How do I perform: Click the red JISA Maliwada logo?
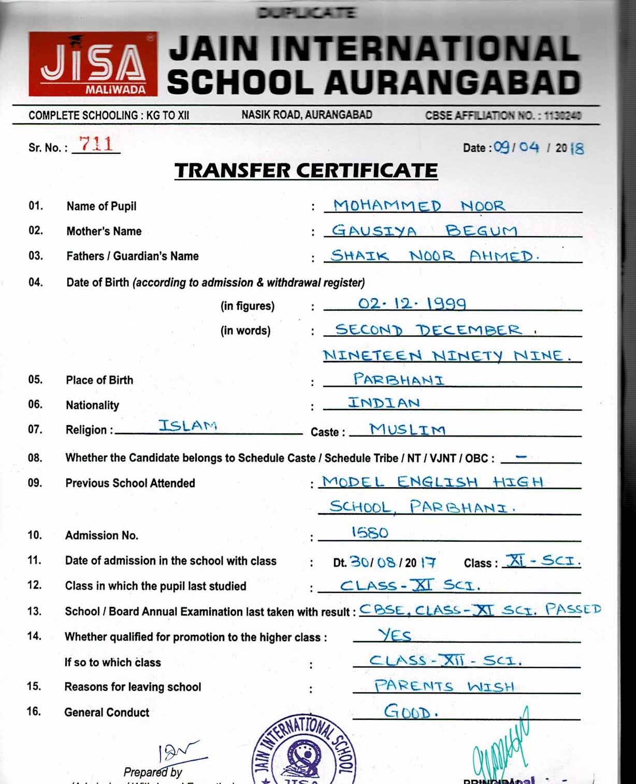point(93,64)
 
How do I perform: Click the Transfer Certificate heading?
point(306,170)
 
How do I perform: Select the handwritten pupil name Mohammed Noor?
point(418,206)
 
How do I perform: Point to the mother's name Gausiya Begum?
point(424,230)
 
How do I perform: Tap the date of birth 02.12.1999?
point(412,303)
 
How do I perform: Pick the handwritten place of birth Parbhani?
point(398,380)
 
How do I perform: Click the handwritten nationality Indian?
point(384,403)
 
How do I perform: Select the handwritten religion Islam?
point(187,426)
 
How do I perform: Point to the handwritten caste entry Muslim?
point(407,429)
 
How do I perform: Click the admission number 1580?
point(369,532)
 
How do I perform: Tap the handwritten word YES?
point(395,635)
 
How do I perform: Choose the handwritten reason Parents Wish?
point(444,686)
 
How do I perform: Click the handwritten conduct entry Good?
point(410,712)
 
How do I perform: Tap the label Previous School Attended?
point(130,483)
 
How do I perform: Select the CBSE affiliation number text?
point(503,115)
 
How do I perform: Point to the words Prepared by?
point(153,772)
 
